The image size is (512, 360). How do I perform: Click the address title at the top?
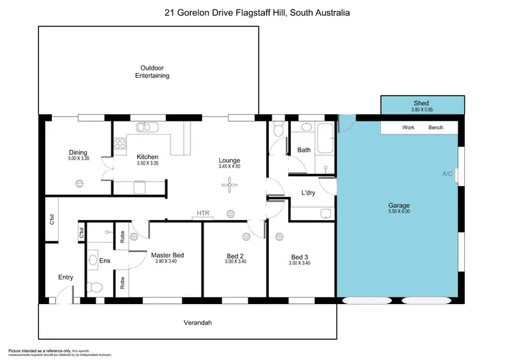(257, 12)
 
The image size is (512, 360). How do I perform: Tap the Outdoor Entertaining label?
(152, 72)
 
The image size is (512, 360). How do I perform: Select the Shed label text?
(421, 102)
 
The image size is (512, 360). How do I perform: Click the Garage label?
(399, 205)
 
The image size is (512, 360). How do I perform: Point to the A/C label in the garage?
(447, 174)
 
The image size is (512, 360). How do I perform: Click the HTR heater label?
(203, 213)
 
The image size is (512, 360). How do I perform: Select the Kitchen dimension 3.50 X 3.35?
(147, 164)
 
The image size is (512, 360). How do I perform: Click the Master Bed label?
(167, 255)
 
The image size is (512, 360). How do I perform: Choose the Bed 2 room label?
(236, 257)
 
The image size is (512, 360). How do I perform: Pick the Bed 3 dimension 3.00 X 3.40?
(299, 263)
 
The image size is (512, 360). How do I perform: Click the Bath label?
(304, 150)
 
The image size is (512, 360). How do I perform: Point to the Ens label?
(104, 261)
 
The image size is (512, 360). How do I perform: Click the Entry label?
(66, 277)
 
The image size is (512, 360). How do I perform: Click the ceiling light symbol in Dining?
(79, 182)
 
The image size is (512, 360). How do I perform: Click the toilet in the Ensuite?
(95, 287)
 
